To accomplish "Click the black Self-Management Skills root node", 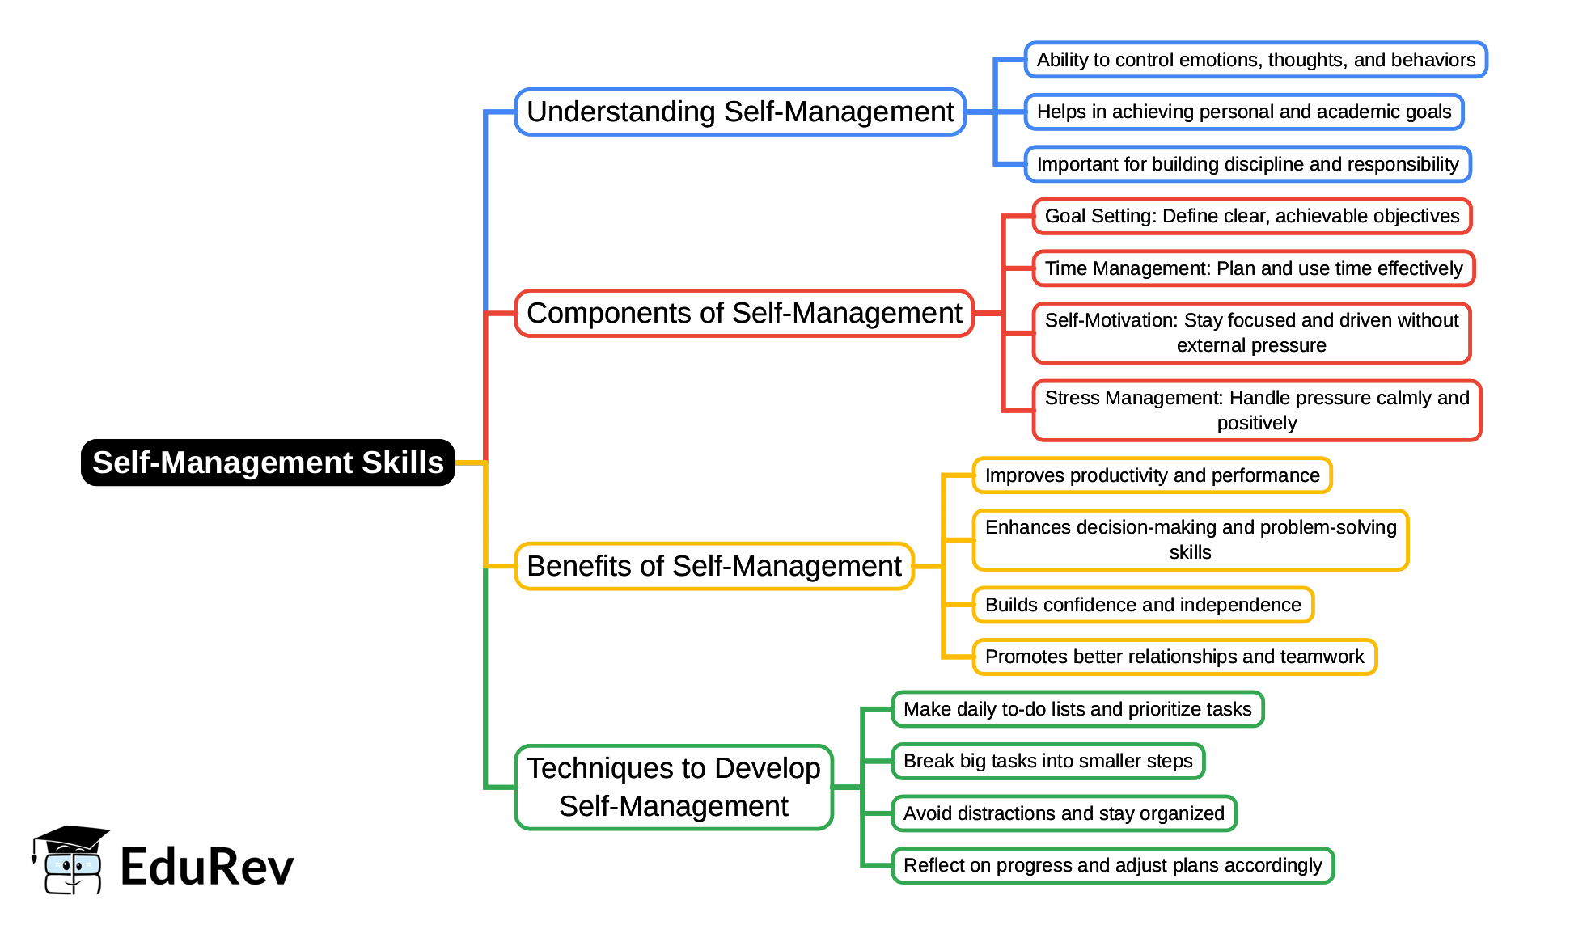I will point(268,462).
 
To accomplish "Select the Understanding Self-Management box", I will point(740,112).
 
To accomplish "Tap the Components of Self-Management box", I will point(744,313).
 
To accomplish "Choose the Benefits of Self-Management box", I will point(714,566).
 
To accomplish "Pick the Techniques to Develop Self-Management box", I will point(674,787).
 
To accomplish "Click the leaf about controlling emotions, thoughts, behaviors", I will point(1255,60).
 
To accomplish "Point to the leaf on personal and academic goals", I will point(1244,112).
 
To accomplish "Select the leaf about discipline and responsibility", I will point(1247,164).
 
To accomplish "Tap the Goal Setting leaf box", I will point(1252,216).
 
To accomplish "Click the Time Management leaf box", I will point(1254,268).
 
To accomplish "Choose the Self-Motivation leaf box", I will point(1251,332).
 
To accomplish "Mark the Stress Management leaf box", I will point(1257,410).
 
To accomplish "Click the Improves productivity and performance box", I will point(1152,475).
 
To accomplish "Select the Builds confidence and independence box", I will point(1143,605).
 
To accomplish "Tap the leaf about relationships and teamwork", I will point(1174,657).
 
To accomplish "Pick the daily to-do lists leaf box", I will point(1077,709).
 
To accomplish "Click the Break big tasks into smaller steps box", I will point(1048,761).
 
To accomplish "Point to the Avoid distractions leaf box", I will point(1064,813).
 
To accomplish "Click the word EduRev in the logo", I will point(207,867).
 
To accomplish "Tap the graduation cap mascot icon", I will point(70,859).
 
